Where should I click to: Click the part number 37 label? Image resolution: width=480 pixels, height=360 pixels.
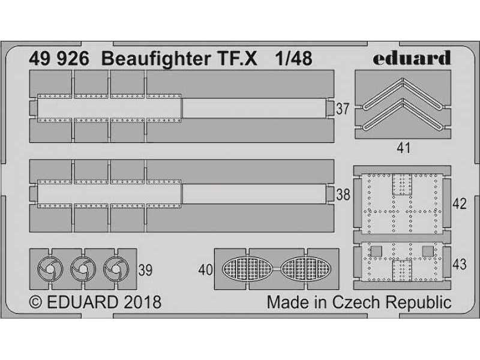(343, 109)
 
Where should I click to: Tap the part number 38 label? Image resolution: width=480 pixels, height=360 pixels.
(343, 194)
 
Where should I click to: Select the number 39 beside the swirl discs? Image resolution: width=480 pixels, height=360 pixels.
(145, 270)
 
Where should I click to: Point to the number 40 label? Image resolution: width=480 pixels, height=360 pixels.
(205, 270)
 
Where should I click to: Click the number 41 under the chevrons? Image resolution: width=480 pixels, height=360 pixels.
(403, 148)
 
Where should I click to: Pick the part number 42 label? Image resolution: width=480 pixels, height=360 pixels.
(459, 203)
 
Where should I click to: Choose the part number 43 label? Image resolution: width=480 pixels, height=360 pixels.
(459, 264)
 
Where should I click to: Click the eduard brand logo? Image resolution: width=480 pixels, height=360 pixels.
(412, 58)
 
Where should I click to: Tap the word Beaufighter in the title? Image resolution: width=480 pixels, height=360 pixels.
(156, 59)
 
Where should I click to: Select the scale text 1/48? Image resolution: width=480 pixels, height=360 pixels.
(293, 58)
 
